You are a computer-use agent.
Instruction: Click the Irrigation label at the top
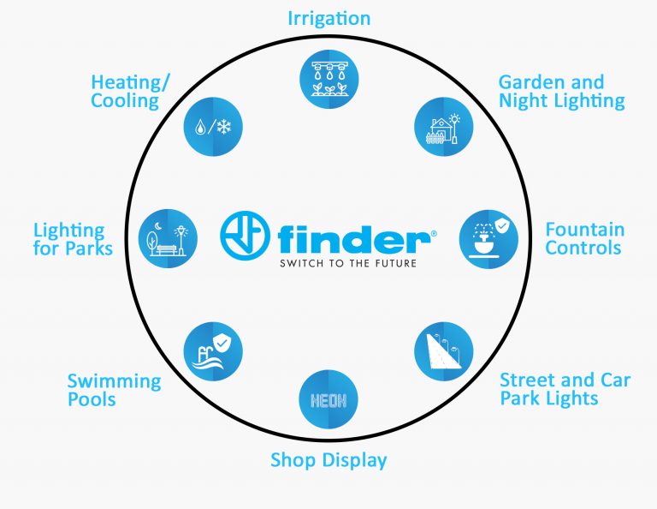click(328, 18)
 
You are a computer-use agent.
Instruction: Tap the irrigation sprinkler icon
click(328, 78)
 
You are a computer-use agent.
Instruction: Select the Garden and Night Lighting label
click(561, 92)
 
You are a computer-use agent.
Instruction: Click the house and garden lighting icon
click(443, 126)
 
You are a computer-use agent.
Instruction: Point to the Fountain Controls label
click(584, 239)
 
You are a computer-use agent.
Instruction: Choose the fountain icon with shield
click(488, 237)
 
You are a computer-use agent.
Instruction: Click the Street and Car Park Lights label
click(565, 388)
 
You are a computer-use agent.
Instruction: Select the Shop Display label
click(328, 460)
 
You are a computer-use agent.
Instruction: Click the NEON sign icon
click(328, 399)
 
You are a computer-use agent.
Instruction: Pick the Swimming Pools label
click(114, 390)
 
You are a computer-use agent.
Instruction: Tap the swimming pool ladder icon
click(213, 350)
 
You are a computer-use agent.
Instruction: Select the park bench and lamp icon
click(168, 237)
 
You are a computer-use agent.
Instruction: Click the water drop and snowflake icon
click(214, 126)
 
